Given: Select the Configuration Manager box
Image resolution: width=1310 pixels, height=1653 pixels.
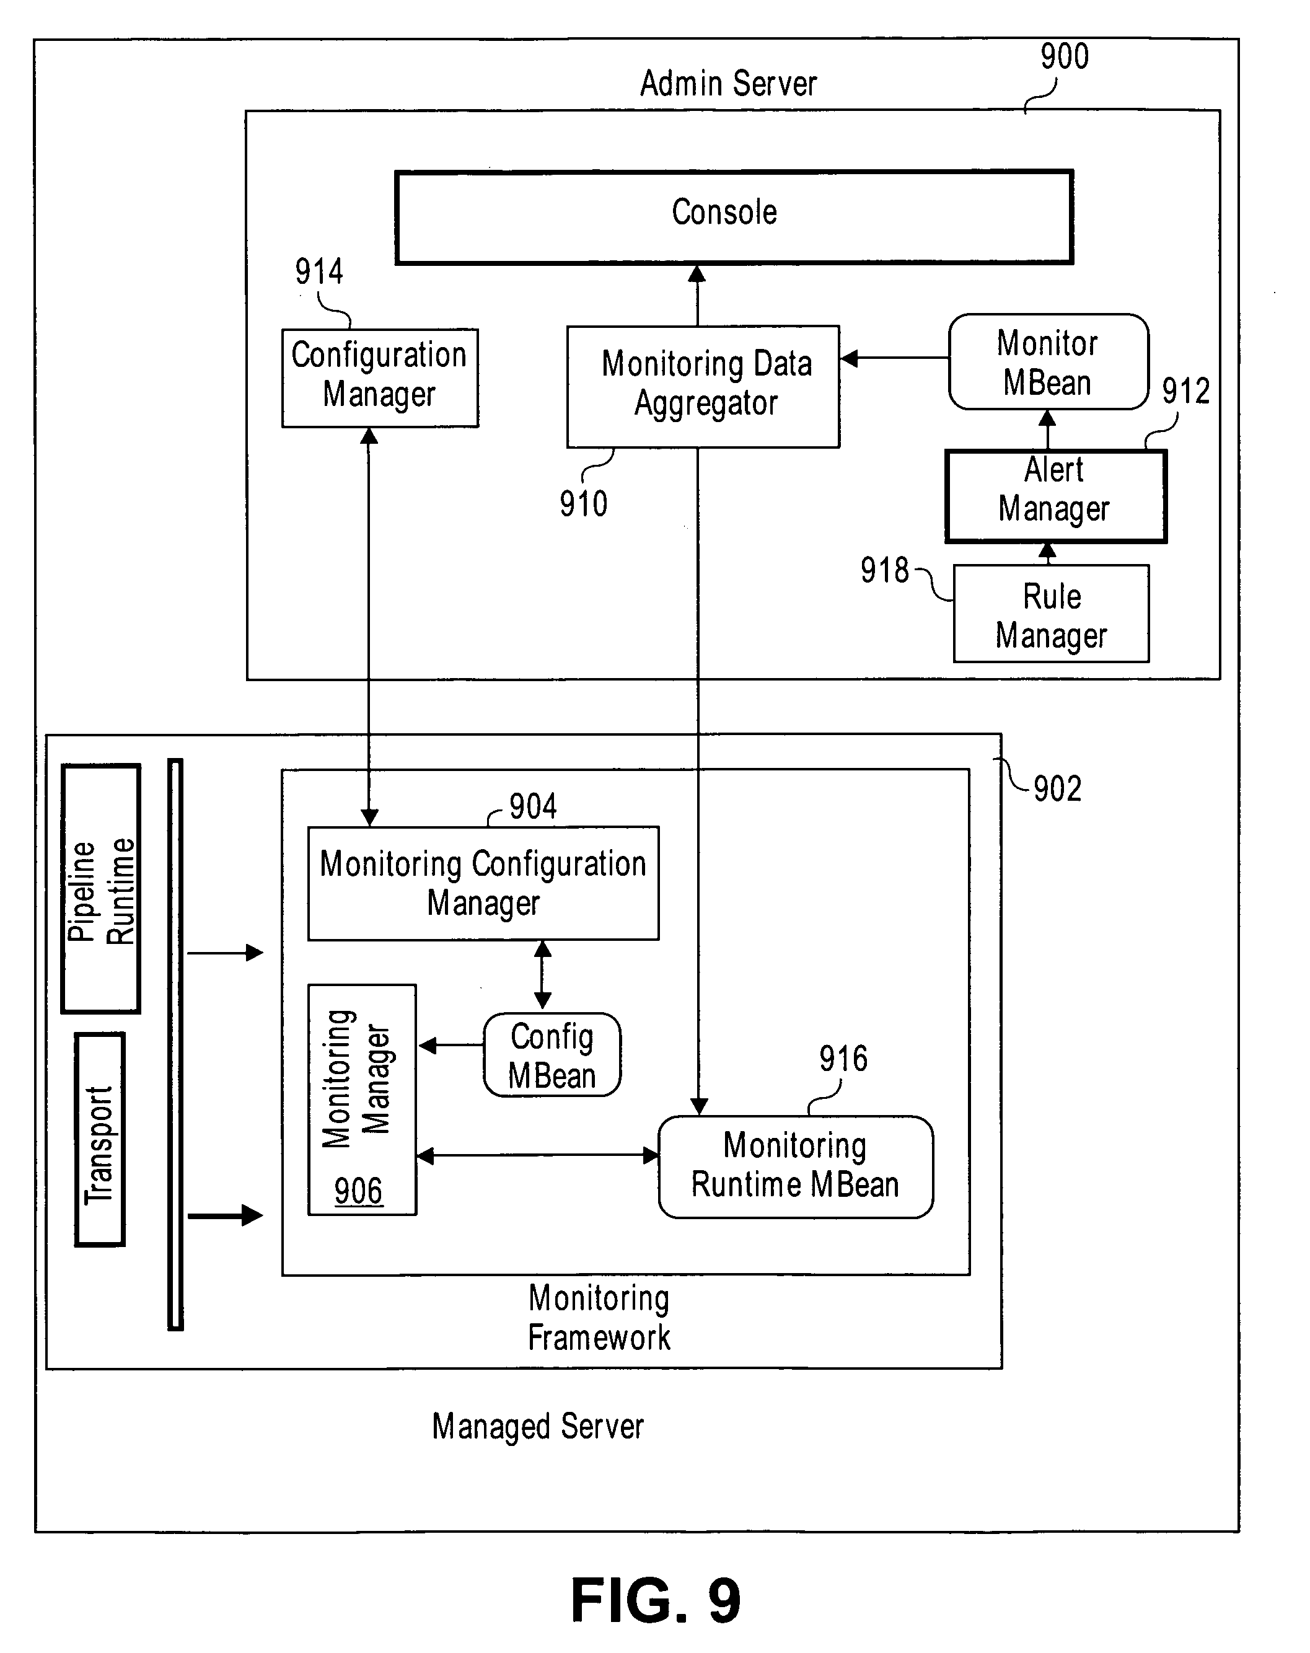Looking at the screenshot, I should (379, 377).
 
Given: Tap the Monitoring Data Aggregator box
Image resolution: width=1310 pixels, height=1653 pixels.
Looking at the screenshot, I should (703, 386).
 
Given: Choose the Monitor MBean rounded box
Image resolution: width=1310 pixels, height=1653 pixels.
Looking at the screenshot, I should (1048, 362).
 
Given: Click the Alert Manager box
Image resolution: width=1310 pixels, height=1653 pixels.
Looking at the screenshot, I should (1055, 495).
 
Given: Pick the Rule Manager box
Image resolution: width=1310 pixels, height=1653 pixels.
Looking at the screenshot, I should (1051, 614).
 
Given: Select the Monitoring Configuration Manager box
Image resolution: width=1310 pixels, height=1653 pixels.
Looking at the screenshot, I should (483, 883).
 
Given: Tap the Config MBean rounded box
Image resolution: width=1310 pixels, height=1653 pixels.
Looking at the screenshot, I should (552, 1055).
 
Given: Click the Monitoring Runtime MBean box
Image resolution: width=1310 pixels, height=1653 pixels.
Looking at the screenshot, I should (796, 1166).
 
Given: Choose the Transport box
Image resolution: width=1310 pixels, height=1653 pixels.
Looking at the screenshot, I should (100, 1139).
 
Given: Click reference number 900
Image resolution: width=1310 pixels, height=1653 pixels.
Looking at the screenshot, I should (1064, 57).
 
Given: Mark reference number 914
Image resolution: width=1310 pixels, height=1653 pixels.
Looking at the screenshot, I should (319, 271).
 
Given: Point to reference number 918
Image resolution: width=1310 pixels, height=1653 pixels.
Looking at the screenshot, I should (884, 570).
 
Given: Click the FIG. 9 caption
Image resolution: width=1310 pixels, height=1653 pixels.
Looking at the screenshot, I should (656, 1601).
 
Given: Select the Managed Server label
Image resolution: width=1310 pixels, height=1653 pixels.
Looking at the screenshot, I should (537, 1427).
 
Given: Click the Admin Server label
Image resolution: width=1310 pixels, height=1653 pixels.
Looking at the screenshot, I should (728, 84).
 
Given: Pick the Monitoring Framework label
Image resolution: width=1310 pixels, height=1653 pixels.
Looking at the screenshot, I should (599, 1317).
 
